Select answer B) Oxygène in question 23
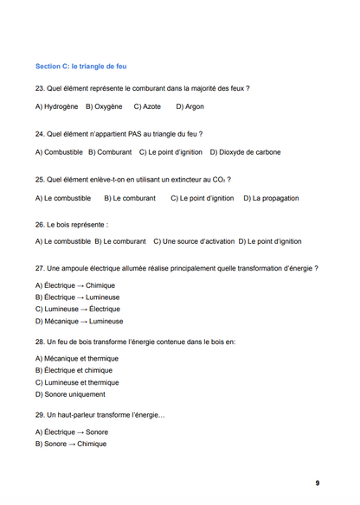[x=103, y=106]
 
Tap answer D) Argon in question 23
[x=190, y=106]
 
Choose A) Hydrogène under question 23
[x=56, y=106]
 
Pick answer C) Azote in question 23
[x=147, y=106]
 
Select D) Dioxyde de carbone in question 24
[x=245, y=152]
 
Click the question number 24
[x=40, y=134]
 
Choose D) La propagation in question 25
[x=270, y=198]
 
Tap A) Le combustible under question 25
[x=62, y=198]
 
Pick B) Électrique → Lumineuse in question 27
[x=77, y=297]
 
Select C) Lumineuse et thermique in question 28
[x=77, y=381]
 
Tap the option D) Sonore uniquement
[x=70, y=393]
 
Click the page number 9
[x=317, y=483]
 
